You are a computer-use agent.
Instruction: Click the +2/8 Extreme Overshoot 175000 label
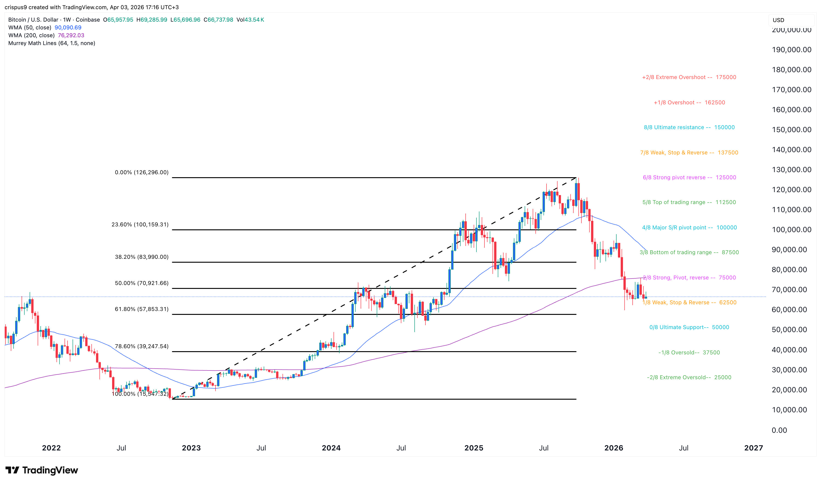point(689,77)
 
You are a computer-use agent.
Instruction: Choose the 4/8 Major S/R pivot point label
point(689,228)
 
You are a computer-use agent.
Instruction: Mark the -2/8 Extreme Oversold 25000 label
point(689,378)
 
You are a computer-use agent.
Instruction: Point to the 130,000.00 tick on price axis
point(791,170)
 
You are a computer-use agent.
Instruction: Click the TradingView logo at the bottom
point(42,470)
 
